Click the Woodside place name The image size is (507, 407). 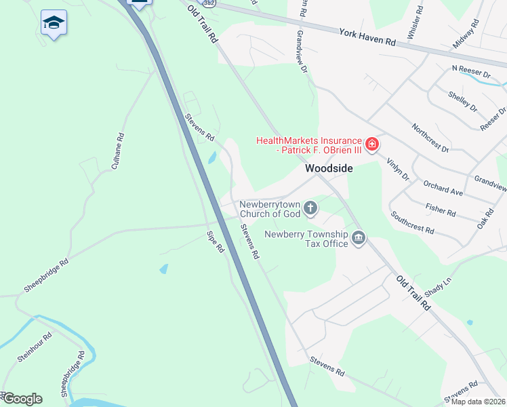(329, 168)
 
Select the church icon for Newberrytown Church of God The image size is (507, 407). (310, 208)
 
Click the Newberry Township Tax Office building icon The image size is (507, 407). (359, 238)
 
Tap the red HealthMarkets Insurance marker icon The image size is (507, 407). (371, 144)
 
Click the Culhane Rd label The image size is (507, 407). (121, 146)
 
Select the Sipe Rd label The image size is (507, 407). (216, 242)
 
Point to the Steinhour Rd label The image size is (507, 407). (35, 347)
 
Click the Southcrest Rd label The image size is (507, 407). (411, 222)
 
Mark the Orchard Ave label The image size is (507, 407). (443, 188)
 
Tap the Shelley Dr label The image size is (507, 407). (463, 101)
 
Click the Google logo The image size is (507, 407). (22, 399)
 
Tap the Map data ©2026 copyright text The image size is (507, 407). (478, 402)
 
